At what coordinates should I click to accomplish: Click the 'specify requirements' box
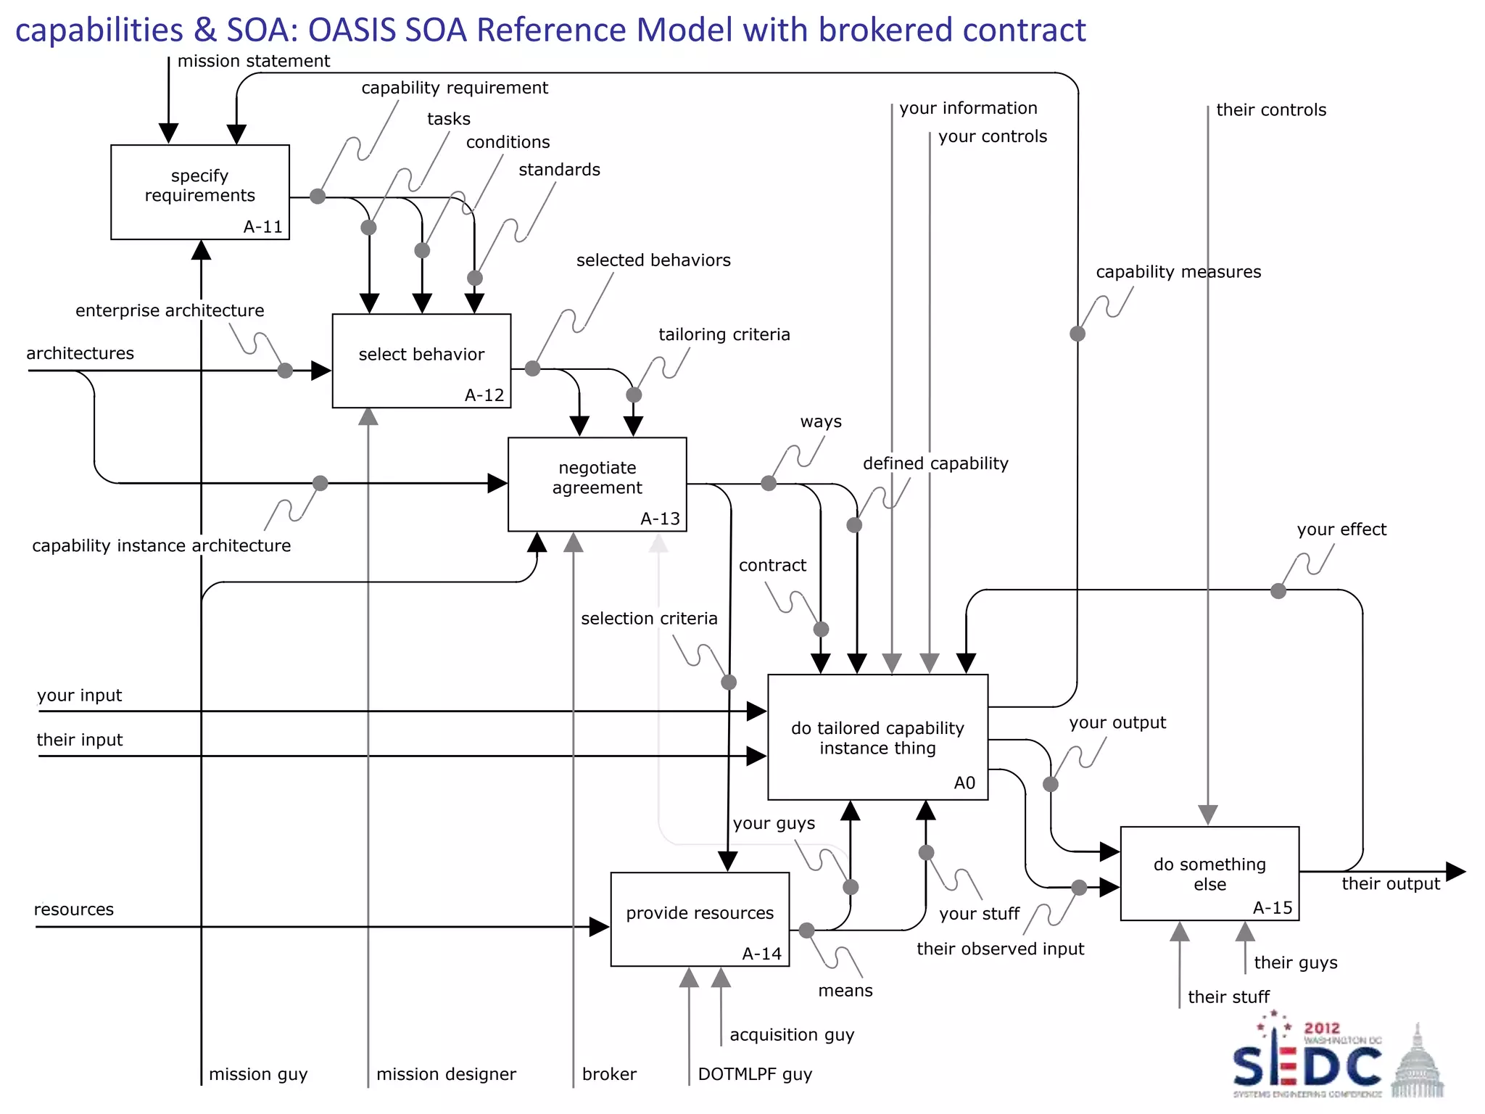[199, 191]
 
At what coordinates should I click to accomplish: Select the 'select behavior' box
[421, 360]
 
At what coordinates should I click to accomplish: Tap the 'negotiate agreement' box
[597, 484]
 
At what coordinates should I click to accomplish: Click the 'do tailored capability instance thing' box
[877, 738]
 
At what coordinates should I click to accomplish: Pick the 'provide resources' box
[700, 919]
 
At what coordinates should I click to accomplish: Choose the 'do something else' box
[1209, 873]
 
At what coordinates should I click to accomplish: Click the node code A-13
[660, 519]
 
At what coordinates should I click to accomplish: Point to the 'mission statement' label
[253, 61]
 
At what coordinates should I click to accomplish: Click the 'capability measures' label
[1178, 272]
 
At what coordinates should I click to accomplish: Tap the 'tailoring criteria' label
[724, 334]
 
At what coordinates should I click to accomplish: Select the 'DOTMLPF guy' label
[754, 1074]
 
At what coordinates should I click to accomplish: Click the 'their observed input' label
[1000, 949]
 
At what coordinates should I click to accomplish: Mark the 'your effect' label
[1341, 529]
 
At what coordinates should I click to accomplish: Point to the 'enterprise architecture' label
[170, 310]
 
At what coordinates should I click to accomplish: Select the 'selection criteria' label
[649, 619]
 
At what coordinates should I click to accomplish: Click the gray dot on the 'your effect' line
[1278, 591]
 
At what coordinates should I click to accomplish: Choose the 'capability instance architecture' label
[161, 545]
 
